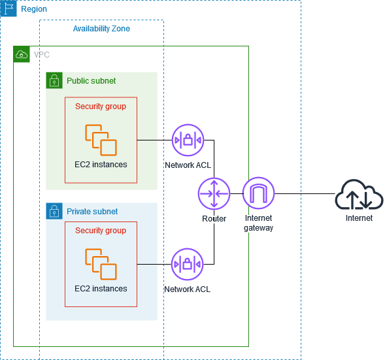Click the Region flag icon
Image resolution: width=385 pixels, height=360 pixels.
(8, 8)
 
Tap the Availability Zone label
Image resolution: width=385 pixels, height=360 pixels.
(101, 29)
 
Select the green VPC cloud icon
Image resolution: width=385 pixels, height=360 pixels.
(22, 54)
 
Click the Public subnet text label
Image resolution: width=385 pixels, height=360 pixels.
(91, 81)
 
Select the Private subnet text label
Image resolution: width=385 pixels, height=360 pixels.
(92, 212)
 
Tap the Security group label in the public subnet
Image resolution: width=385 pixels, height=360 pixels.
(101, 106)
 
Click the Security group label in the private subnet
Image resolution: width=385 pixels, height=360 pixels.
(101, 231)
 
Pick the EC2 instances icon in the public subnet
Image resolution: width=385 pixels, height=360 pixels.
(101, 139)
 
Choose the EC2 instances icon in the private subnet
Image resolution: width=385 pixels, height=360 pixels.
(101, 263)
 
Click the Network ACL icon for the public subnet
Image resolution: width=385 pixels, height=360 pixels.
(188, 140)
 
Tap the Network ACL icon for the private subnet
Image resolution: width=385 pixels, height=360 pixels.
(188, 265)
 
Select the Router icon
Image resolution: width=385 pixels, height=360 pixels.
(214, 193)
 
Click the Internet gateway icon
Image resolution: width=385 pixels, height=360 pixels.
(258, 193)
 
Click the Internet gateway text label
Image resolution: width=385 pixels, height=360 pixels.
(258, 223)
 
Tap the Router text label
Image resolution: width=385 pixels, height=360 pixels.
(214, 218)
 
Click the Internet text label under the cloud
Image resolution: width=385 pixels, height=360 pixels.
(359, 218)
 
